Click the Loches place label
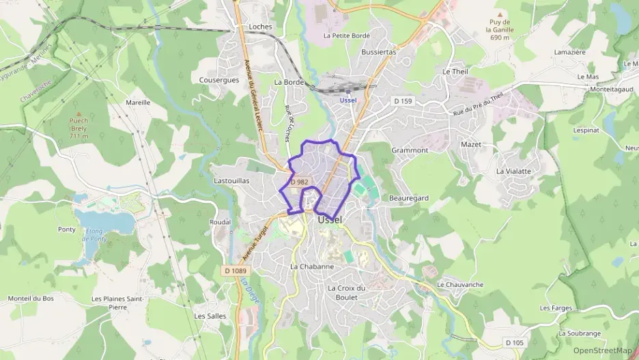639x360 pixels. pos(261,27)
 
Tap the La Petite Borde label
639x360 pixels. pos(347,35)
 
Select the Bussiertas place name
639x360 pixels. pos(379,51)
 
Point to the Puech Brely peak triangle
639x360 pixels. pos(79,114)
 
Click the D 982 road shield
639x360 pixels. pos(299,182)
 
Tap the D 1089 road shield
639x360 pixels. pos(234,271)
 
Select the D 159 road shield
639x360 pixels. pos(403,101)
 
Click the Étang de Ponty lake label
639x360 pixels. pos(94,236)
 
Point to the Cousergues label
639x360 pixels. pos(219,79)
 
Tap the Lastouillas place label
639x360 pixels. pos(231,180)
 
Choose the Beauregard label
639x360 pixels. pos(408,197)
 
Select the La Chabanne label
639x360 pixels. pos(312,266)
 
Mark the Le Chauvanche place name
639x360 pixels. pos(460,284)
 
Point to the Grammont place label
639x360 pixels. pos(410,150)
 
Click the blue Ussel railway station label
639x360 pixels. pos(348,100)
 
